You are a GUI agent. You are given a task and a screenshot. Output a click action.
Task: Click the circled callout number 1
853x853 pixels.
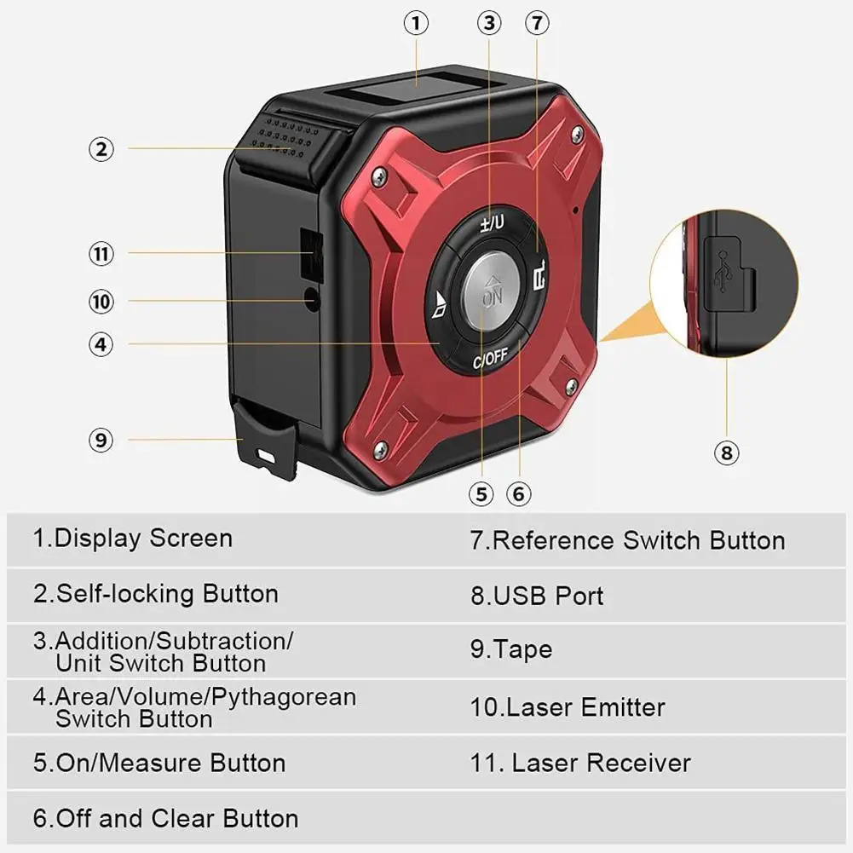click(416, 23)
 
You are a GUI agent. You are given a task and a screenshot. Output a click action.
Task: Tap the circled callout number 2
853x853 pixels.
click(101, 149)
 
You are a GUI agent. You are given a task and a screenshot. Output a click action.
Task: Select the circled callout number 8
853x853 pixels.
click(726, 452)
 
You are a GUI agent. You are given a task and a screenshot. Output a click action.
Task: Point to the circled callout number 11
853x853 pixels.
click(101, 253)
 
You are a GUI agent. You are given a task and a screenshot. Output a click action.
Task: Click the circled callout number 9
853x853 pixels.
click(101, 440)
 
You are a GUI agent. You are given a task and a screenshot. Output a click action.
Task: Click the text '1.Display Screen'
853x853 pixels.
click(132, 539)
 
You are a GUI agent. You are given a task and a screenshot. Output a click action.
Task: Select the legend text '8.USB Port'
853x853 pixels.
click(537, 596)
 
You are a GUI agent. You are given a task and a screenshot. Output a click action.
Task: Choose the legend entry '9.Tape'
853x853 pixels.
click(511, 649)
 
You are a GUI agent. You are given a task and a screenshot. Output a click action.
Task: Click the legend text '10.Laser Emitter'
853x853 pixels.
click(568, 707)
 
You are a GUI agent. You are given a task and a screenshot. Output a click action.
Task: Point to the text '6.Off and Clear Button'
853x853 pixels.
click(166, 819)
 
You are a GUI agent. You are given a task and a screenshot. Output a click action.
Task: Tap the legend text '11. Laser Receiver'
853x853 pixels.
click(580, 763)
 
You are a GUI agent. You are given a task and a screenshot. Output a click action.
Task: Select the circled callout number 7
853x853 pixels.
click(535, 23)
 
